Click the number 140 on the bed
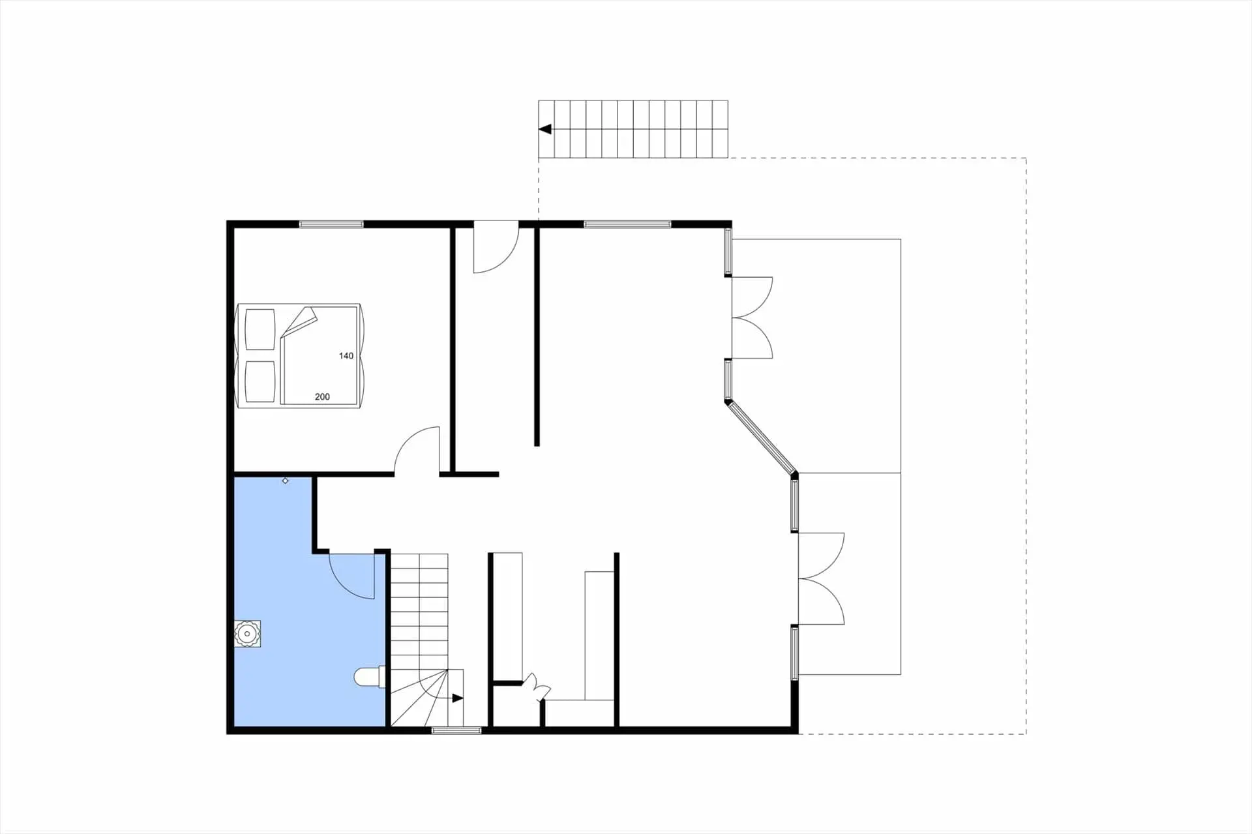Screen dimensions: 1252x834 click(x=346, y=356)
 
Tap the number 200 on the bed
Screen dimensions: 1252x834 click(x=322, y=396)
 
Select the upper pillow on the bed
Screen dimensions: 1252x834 click(x=260, y=330)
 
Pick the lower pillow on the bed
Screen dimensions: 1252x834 click(x=260, y=382)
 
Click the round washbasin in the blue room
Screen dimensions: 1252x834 click(x=248, y=634)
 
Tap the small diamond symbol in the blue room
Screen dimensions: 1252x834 click(x=285, y=481)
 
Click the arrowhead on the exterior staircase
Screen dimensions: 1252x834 click(x=545, y=129)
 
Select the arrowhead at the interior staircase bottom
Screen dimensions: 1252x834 click(x=458, y=698)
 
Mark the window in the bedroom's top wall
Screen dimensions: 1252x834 click(x=331, y=224)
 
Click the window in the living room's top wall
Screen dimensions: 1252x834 click(x=627, y=224)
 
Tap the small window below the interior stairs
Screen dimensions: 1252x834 click(x=456, y=730)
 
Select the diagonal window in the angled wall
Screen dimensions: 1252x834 click(x=761, y=438)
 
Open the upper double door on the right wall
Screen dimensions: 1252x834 click(x=753, y=318)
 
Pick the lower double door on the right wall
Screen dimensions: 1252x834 click(x=822, y=578)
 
